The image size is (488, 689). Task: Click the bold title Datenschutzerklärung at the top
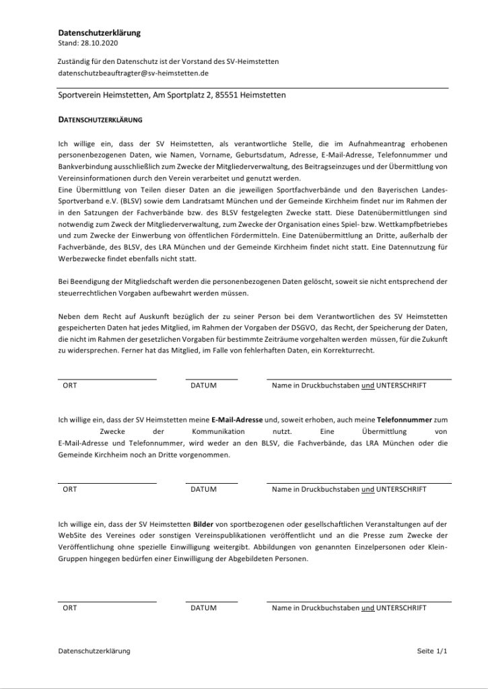click(x=99, y=32)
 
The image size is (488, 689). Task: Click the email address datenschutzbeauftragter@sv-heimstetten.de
click(x=133, y=72)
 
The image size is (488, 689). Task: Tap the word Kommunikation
click(x=201, y=431)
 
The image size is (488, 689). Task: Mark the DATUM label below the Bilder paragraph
click(x=203, y=608)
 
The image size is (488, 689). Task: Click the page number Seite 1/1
click(x=431, y=651)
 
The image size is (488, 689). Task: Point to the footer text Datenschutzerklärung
click(x=94, y=651)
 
